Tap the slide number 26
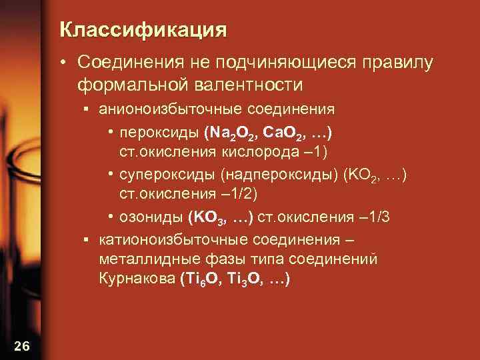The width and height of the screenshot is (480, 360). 21,345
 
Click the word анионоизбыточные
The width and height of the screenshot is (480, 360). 160,108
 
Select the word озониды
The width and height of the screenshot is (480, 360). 145,217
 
